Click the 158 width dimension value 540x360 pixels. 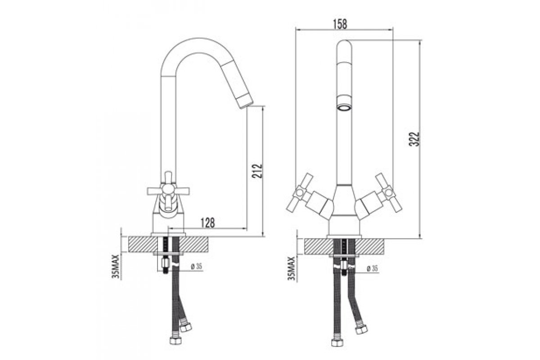coord(340,24)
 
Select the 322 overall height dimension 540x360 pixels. coord(414,139)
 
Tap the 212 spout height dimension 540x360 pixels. coord(257,171)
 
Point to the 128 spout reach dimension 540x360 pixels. coord(207,223)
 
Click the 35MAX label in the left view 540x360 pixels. coord(116,266)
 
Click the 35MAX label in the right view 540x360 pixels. coord(292,268)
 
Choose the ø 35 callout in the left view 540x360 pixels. coord(196,266)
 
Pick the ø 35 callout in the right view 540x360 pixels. coord(372,269)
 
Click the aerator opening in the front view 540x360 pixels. coord(344,107)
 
